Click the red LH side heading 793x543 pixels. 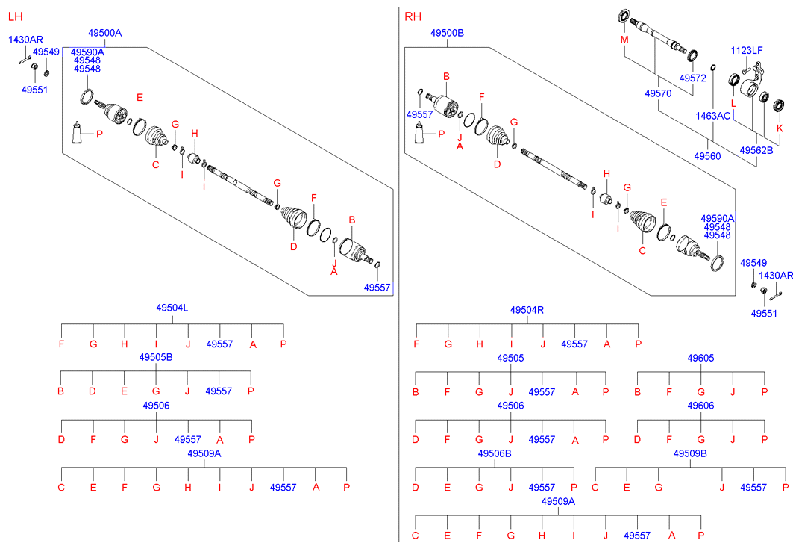tap(15, 16)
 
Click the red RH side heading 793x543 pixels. tap(413, 16)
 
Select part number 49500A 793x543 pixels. tap(104, 33)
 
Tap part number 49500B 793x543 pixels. tap(447, 33)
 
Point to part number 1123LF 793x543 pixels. tap(747, 50)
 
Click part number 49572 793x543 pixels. tap(692, 78)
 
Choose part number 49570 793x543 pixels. tap(658, 93)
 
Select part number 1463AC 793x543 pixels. tap(712, 116)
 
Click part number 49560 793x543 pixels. tap(707, 156)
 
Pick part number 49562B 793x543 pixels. tap(756, 150)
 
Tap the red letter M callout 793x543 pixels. tap(624, 40)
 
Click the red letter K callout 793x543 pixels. tap(780, 128)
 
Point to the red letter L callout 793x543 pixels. tap(733, 104)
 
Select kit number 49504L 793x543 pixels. tap(172, 308)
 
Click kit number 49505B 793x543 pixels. tap(156, 357)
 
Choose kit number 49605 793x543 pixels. tap(700, 358)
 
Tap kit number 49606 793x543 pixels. tap(700, 406)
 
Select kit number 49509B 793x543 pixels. tap(690, 453)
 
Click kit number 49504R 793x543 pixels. tap(527, 310)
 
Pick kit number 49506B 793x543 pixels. tap(494, 453)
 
